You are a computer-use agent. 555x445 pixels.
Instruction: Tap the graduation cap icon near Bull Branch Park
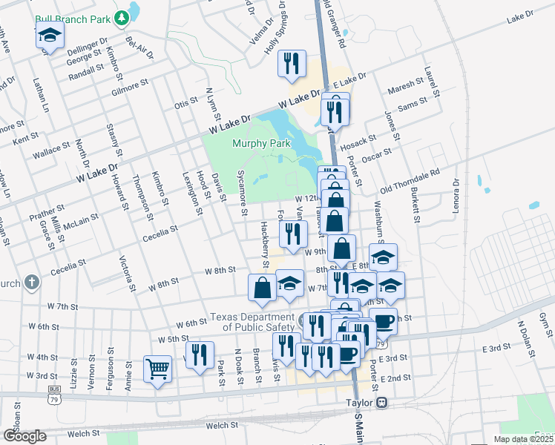pyautogui.click(x=49, y=36)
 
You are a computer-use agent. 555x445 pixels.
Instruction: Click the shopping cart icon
pyautogui.click(x=157, y=369)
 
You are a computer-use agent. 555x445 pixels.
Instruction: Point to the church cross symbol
pyautogui.click(x=31, y=282)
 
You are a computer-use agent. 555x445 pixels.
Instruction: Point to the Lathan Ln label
pyautogui.click(x=39, y=95)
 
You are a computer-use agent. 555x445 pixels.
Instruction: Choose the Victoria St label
pyautogui.click(x=128, y=274)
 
